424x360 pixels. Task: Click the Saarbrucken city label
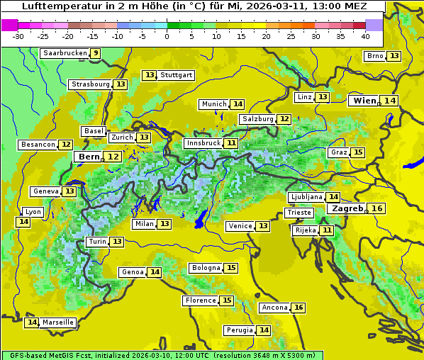65,53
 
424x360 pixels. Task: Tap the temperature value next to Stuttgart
149,75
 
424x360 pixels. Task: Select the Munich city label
213,104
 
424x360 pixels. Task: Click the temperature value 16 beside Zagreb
377,208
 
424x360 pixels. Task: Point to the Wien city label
365,101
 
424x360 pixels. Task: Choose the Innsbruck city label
203,143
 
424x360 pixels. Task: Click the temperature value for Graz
358,152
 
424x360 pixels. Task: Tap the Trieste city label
299,213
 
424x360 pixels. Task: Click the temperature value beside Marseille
31,322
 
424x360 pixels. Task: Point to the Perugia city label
238,330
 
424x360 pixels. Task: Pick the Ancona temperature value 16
299,308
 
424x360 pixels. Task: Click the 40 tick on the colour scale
365,36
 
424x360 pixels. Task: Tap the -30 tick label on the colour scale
18,36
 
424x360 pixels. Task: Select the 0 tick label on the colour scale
167,36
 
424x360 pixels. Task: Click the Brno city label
375,56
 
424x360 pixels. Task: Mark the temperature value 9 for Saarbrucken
96,53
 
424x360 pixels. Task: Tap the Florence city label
201,300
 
